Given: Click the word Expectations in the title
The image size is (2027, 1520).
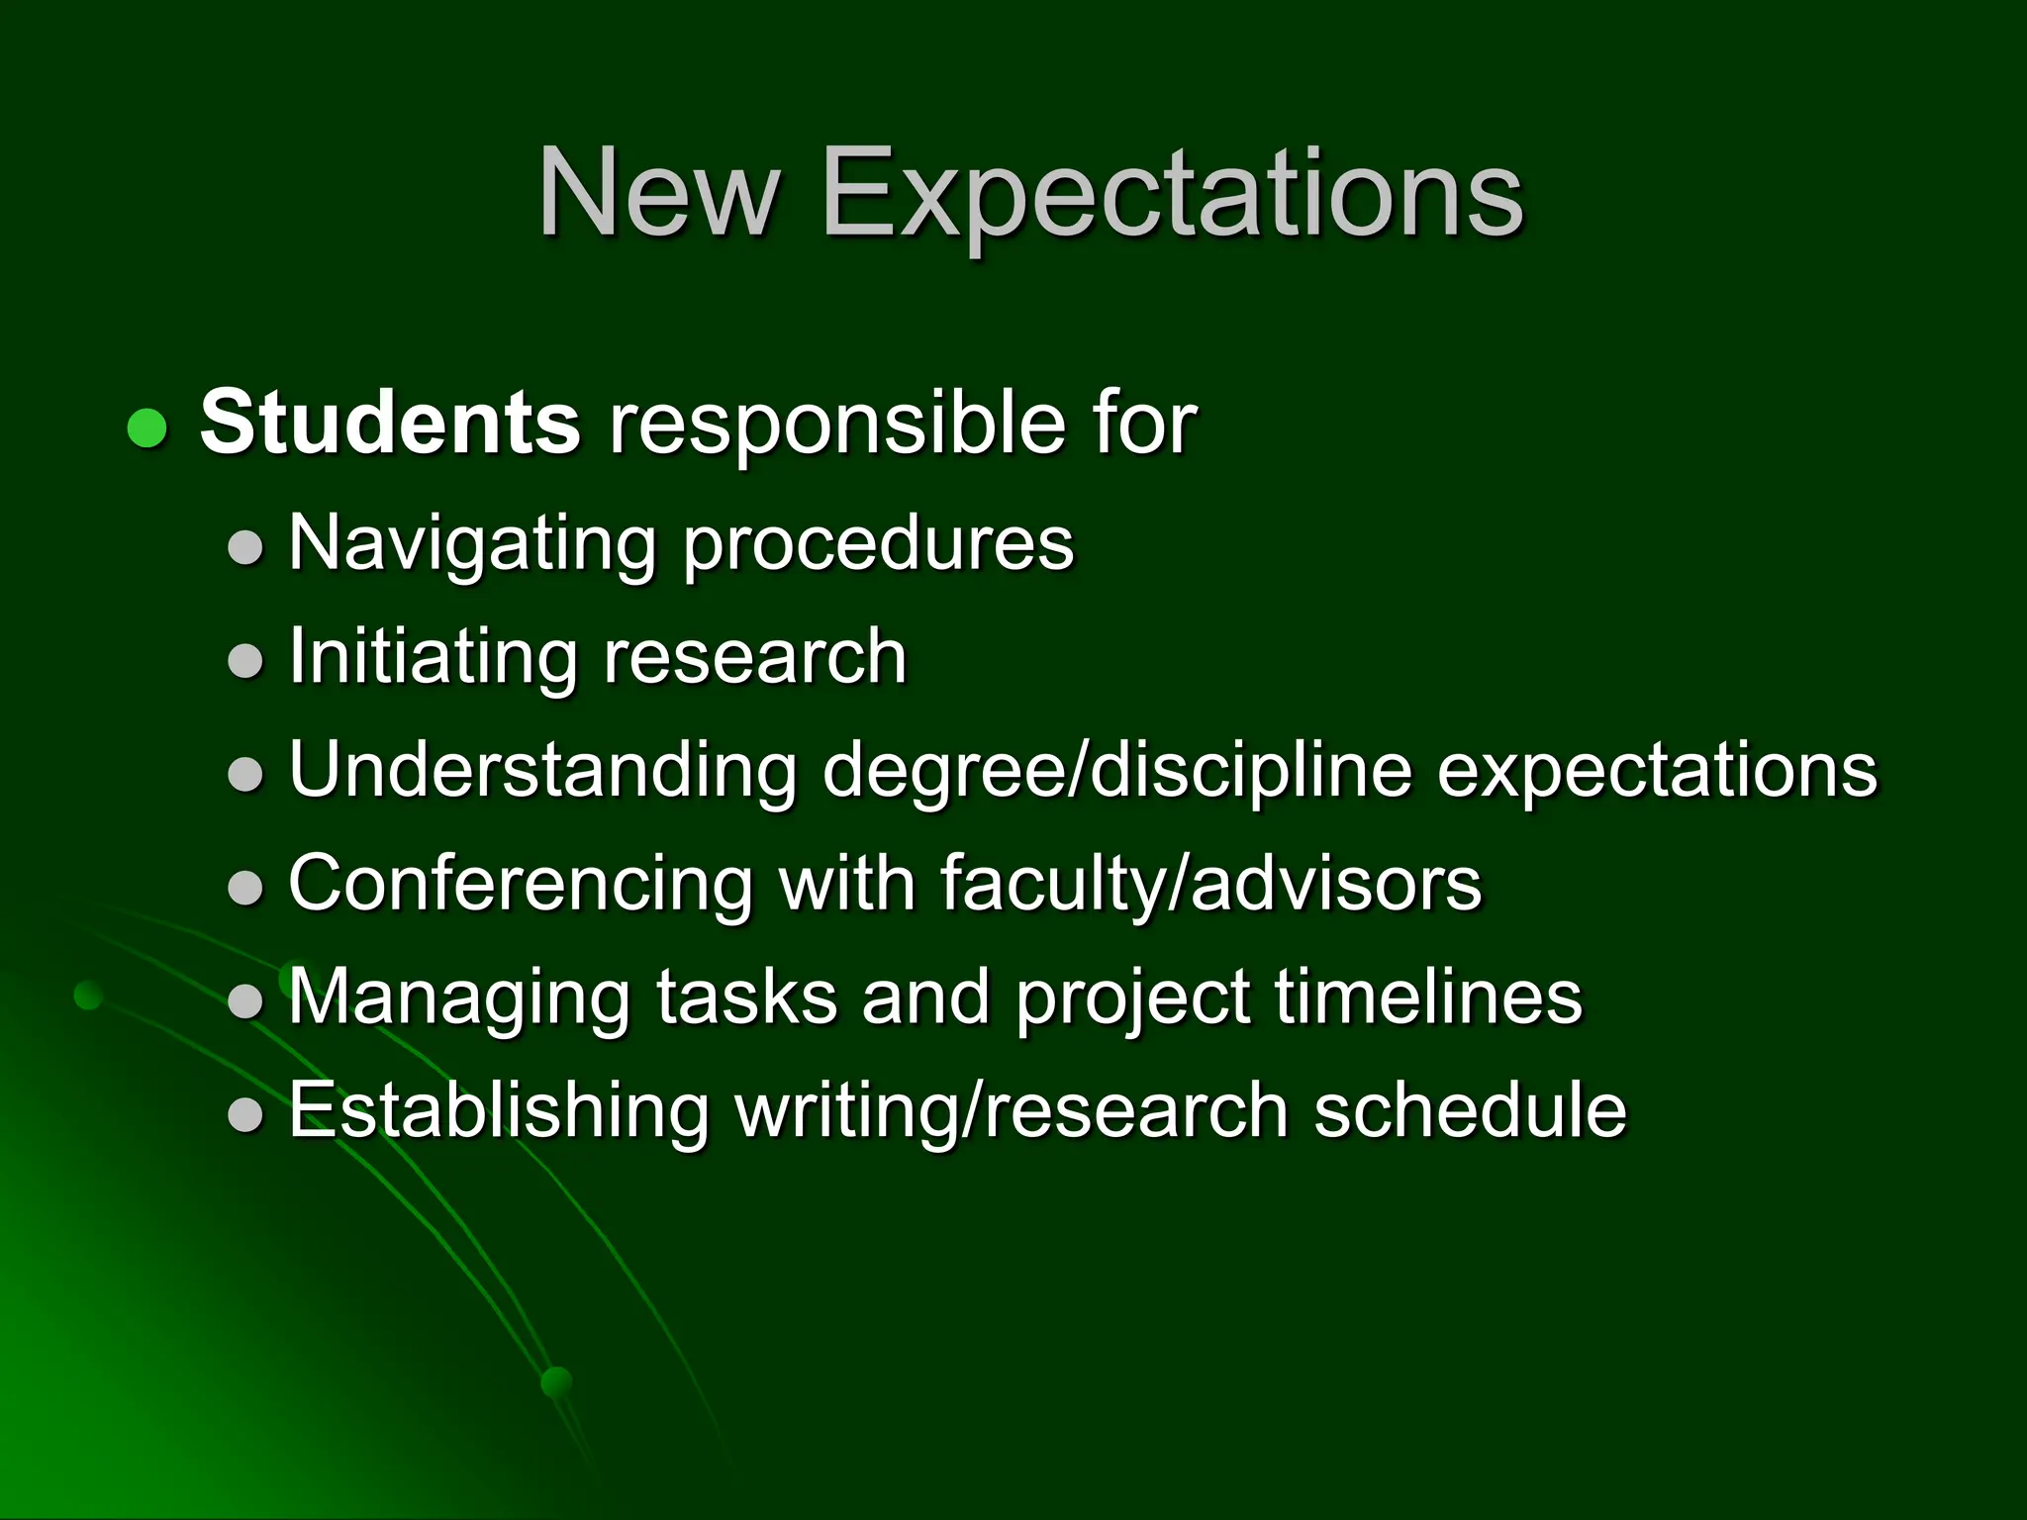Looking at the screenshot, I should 1171,195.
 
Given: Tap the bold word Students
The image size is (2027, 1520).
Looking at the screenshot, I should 390,424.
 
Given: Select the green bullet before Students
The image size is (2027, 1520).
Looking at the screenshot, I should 147,428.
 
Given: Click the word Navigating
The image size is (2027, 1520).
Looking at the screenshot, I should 472,545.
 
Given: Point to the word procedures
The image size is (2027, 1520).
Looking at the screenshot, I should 878,545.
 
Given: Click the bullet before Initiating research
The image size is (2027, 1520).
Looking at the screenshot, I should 245,661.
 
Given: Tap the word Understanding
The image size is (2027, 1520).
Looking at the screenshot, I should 542,770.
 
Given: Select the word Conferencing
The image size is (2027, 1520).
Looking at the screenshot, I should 521,884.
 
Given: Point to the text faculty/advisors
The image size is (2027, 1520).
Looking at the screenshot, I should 1209,884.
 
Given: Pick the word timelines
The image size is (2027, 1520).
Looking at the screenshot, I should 1428,996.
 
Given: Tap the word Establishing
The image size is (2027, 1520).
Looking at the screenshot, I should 499,1110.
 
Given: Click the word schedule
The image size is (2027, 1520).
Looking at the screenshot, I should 1470,1110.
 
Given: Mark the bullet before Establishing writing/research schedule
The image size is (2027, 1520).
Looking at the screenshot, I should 245,1115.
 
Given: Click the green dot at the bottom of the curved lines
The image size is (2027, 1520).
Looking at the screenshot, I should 557,1381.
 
